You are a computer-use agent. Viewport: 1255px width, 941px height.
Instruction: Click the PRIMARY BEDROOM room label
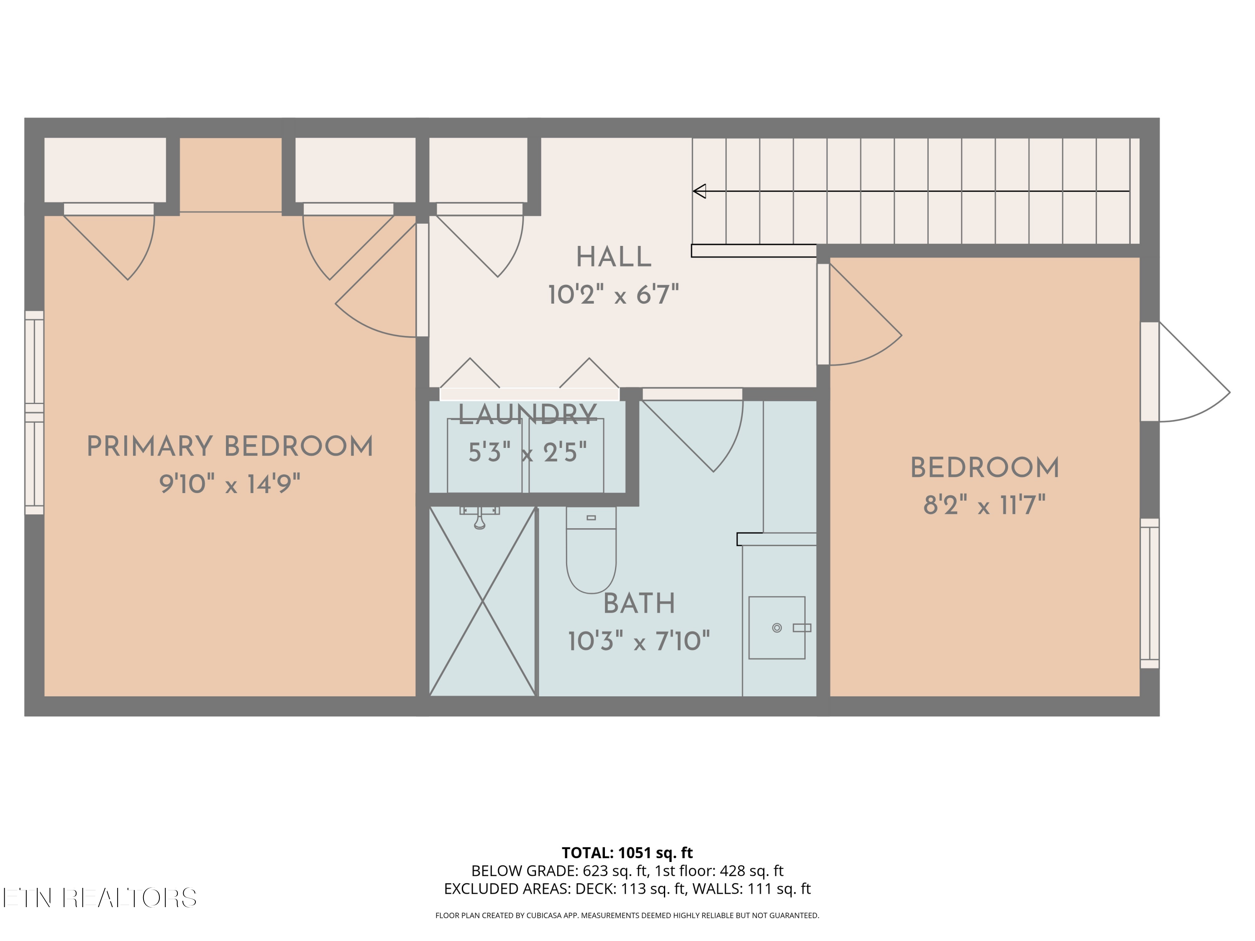pyautogui.click(x=230, y=447)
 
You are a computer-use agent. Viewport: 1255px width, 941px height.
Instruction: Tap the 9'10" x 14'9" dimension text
pyautogui.click(x=230, y=484)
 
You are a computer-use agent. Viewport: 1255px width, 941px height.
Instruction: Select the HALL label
pyautogui.click(x=613, y=258)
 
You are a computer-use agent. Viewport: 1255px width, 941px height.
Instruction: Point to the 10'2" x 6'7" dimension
pyautogui.click(x=613, y=295)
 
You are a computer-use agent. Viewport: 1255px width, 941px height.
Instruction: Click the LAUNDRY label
pyautogui.click(x=528, y=414)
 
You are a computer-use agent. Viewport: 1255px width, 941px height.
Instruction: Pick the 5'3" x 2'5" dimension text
pyautogui.click(x=528, y=452)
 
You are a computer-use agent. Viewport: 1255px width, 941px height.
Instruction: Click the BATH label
pyautogui.click(x=639, y=603)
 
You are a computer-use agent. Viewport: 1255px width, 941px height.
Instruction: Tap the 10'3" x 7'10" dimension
pyautogui.click(x=639, y=641)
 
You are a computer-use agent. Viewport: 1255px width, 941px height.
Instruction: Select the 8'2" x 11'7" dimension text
pyautogui.click(x=984, y=505)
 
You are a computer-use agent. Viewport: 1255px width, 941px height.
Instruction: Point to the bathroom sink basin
pyautogui.click(x=777, y=627)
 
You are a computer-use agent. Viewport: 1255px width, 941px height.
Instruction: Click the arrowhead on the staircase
pyautogui.click(x=699, y=191)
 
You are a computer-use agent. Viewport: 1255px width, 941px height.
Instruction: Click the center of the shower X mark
pyautogui.click(x=482, y=601)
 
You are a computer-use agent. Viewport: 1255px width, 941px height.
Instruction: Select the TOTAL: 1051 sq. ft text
pyautogui.click(x=627, y=852)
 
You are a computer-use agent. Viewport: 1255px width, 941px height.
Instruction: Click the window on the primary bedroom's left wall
pyautogui.click(x=34, y=412)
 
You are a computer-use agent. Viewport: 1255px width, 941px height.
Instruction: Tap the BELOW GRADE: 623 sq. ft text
pyautogui.click(x=559, y=871)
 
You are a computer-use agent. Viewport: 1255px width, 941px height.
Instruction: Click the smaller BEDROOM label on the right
pyautogui.click(x=985, y=468)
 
